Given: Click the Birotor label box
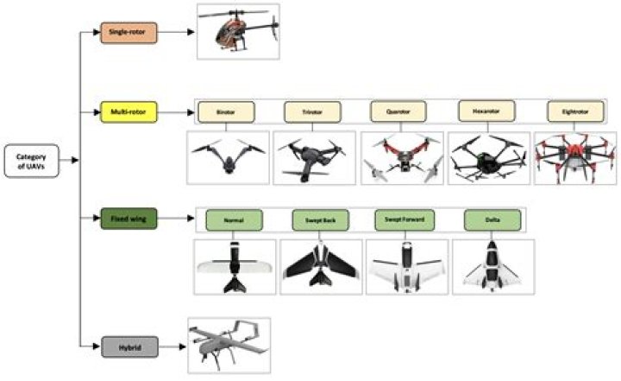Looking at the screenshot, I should (x=226, y=112).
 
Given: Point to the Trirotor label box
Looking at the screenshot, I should (x=311, y=112).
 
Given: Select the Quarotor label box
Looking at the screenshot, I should (x=398, y=112).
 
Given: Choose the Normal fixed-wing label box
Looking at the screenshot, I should (x=234, y=220).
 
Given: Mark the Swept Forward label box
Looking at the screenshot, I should (x=405, y=220).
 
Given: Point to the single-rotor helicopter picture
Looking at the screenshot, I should (x=238, y=32).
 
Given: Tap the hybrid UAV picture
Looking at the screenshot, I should (x=229, y=345).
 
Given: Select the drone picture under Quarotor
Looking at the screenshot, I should (x=402, y=158).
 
